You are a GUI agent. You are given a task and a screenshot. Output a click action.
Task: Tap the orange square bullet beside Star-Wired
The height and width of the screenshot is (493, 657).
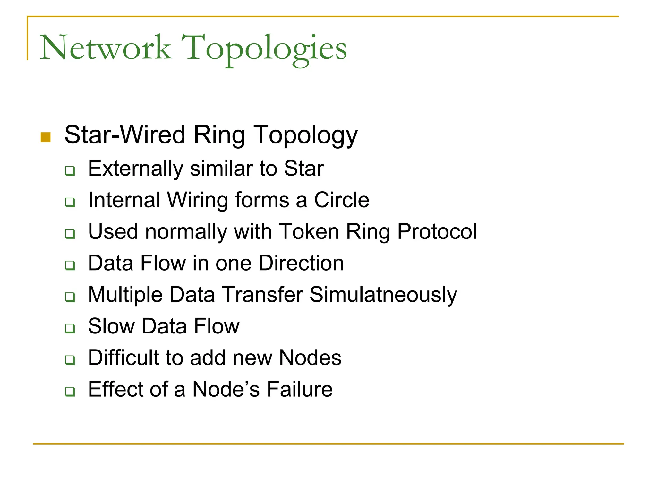point(46,137)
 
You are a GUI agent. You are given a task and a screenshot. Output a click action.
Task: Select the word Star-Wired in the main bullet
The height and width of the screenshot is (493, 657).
point(125,135)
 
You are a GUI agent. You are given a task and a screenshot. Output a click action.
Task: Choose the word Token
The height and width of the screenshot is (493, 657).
point(309,231)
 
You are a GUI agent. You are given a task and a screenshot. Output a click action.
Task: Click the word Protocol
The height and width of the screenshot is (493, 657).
point(437,231)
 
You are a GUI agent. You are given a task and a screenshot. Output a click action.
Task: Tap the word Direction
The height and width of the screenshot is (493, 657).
point(301,263)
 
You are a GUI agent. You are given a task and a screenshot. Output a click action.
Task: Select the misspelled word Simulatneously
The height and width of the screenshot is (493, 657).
point(383,295)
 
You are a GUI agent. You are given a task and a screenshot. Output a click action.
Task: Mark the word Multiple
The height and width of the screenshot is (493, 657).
point(125,295)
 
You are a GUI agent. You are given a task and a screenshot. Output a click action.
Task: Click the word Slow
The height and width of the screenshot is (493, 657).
point(111,326)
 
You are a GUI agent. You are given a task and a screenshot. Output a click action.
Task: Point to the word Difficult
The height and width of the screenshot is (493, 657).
point(124,358)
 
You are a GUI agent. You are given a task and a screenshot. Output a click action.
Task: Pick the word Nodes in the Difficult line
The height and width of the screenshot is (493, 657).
point(310,358)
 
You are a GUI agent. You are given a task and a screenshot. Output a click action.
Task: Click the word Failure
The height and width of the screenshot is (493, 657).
point(300,389)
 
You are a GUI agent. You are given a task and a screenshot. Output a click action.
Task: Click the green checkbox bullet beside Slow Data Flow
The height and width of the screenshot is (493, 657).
point(70,328)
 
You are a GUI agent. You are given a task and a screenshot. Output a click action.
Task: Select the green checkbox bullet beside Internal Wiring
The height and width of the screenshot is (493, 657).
point(70,202)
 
